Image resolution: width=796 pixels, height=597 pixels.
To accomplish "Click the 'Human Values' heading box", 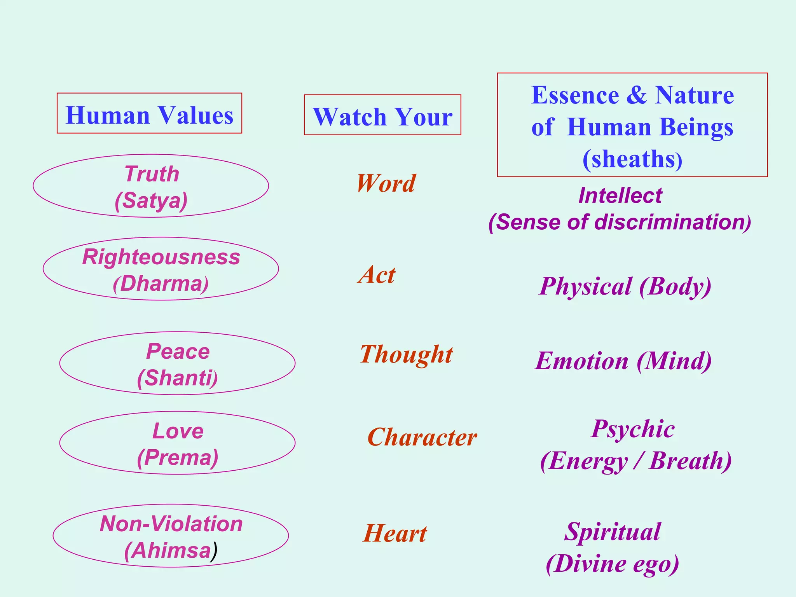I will click(149, 113).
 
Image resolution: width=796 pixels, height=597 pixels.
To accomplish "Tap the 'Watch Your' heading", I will click(382, 115).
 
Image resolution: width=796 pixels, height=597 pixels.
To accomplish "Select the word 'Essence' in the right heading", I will click(575, 95).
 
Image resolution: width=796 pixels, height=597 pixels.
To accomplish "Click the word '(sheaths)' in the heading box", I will click(632, 159).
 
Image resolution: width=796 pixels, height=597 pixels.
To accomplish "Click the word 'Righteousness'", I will click(161, 257).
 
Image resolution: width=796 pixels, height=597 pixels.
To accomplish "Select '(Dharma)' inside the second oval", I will click(161, 284).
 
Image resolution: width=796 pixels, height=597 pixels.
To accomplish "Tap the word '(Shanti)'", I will click(177, 378).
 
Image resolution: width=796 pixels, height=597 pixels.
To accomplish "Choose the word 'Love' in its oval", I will click(178, 431).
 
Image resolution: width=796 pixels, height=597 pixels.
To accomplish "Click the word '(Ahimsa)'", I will click(170, 551).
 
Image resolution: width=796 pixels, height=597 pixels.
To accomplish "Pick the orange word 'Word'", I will click(386, 183).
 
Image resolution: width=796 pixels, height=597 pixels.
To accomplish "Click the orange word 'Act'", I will click(376, 274).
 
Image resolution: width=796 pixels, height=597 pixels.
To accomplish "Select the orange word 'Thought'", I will click(406, 354).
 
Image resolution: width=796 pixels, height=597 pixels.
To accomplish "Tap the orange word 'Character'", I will click(422, 437).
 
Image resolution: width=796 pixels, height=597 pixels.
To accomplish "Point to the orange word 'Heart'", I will click(395, 533).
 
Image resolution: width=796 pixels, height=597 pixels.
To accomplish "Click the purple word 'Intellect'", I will click(620, 196).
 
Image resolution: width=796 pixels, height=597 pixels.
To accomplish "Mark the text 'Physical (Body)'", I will click(625, 286).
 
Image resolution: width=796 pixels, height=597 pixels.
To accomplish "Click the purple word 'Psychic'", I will click(632, 429).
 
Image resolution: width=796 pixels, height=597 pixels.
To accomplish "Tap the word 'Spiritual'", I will click(612, 532).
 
